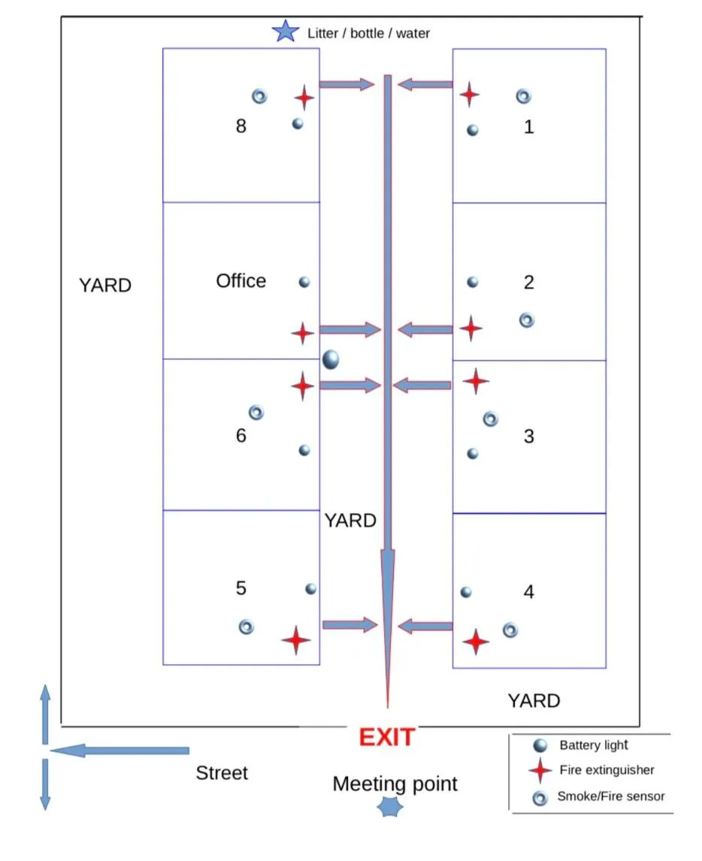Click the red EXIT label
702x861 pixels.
pyautogui.click(x=386, y=737)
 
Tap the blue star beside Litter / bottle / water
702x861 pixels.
pyautogui.click(x=286, y=32)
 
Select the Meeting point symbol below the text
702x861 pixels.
pyautogui.click(x=390, y=807)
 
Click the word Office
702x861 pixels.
pyautogui.click(x=241, y=281)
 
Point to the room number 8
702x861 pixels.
pyautogui.click(x=241, y=126)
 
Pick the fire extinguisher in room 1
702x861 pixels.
pyautogui.click(x=469, y=95)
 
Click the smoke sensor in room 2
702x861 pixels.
pyautogui.click(x=527, y=320)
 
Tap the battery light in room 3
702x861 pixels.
pyautogui.click(x=473, y=454)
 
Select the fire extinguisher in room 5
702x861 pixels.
pyautogui.click(x=296, y=640)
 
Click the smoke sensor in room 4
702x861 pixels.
pyautogui.click(x=510, y=630)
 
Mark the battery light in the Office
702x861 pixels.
pyautogui.click(x=304, y=282)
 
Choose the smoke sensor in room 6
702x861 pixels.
pyautogui.click(x=256, y=412)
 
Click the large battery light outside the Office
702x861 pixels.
pyautogui.click(x=331, y=360)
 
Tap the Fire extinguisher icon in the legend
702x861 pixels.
pyautogui.click(x=540, y=770)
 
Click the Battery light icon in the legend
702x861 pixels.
pyautogui.click(x=540, y=745)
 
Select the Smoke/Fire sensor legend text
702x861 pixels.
pyautogui.click(x=610, y=796)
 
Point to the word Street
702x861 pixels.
pyautogui.click(x=222, y=773)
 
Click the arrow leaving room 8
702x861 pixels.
pyautogui.click(x=346, y=84)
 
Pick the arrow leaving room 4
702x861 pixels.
pyautogui.click(x=425, y=625)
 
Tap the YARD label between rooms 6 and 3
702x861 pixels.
pyautogui.click(x=350, y=521)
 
